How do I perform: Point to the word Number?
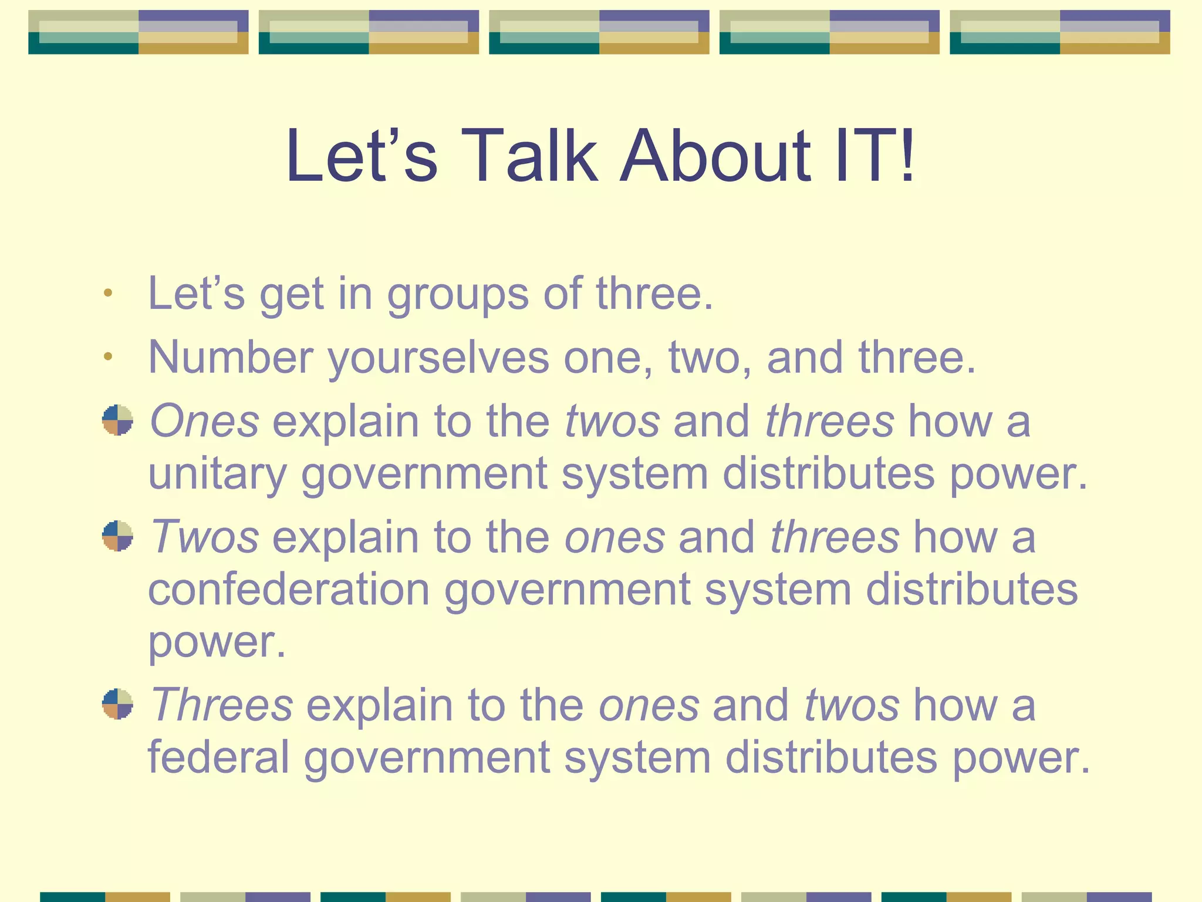coord(231,357)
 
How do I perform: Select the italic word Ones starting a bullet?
coord(204,421)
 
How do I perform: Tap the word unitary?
coord(217,474)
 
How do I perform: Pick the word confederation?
coord(289,590)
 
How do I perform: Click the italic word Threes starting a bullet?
coord(221,705)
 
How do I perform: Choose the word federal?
coord(218,757)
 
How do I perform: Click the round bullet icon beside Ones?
coord(117,420)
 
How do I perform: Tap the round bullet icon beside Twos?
coord(117,536)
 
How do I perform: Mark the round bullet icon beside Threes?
coord(117,704)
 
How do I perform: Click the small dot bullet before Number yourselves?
coord(107,356)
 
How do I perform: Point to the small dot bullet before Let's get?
coord(107,292)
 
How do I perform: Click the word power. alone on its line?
coord(217,642)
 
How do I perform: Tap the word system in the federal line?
coord(637,758)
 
